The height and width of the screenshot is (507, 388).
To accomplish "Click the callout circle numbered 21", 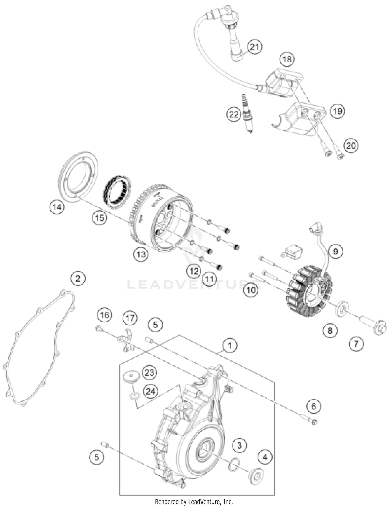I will (255, 47).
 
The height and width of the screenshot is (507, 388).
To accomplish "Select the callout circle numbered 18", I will (287, 59).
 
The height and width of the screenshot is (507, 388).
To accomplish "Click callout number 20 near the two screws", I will (351, 146).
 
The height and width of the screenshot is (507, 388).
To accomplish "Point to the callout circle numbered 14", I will (57, 207).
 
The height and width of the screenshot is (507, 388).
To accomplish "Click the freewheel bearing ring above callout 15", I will (117, 192).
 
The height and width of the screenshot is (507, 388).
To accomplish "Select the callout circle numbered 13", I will (141, 255).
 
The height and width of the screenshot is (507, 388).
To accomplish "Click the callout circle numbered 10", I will (251, 290).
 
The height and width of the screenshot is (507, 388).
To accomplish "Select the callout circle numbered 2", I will (78, 279).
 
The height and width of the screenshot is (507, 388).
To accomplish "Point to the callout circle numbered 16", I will (105, 315).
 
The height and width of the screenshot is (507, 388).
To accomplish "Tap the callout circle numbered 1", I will (229, 345).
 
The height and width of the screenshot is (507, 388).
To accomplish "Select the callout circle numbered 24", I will (150, 391).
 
